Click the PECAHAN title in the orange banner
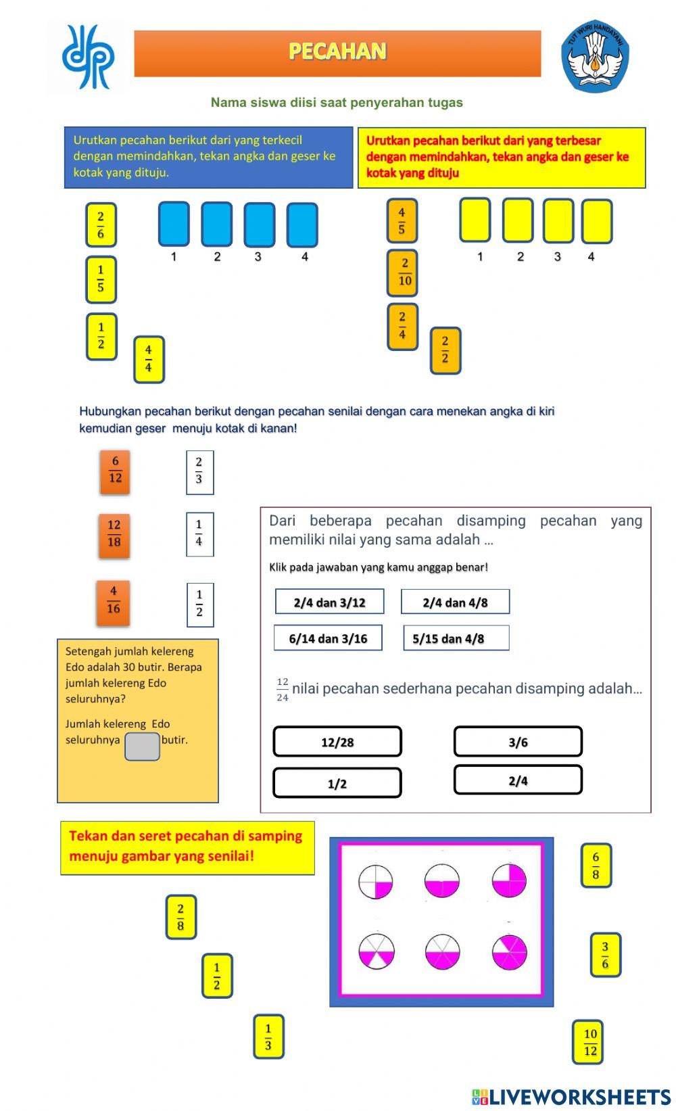(337, 52)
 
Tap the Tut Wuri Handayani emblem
(595, 55)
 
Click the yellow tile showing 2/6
(101, 225)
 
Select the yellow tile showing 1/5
(101, 279)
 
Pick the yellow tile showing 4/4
(149, 359)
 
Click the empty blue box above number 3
(259, 224)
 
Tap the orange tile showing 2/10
(402, 273)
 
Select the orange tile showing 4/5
(402, 221)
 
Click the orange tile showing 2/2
(445, 350)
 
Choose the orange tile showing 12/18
(114, 534)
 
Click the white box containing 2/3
(199, 472)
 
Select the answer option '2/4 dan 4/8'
(455, 602)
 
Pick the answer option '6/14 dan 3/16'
(328, 638)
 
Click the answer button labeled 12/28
(337, 742)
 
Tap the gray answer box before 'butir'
(142, 747)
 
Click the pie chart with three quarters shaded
(509, 880)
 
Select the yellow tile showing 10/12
(589, 1042)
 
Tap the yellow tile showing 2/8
(180, 917)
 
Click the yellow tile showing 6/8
(596, 866)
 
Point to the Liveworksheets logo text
(572, 1096)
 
